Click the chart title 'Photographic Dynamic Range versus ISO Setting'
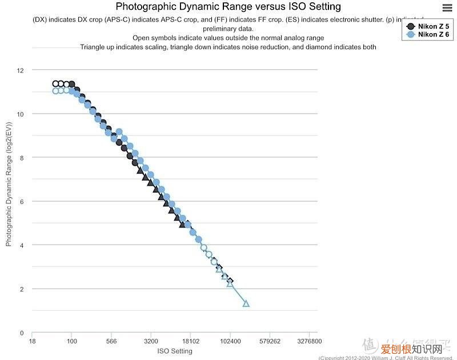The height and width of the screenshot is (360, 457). pos(228,7)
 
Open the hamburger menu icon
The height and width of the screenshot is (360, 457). pos(448,7)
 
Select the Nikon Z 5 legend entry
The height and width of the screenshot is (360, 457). pos(428,26)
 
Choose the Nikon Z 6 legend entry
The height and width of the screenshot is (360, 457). pos(428,35)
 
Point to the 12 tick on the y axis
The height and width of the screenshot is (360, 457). pos(21,70)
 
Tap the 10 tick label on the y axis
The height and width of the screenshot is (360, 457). pos(21,114)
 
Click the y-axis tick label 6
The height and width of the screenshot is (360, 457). pos(22,202)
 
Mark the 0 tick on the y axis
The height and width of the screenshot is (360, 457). pos(22,333)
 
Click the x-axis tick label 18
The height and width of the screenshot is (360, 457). pos(32,342)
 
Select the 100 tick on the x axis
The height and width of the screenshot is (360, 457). pos(71,342)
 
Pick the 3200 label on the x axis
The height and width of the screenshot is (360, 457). pos(151,342)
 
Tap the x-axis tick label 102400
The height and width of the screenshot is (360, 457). pos(230,342)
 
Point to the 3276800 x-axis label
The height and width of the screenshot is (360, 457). pos(309,342)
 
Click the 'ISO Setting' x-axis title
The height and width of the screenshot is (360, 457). pos(174,351)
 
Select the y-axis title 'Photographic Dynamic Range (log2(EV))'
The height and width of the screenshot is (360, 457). pos(9,183)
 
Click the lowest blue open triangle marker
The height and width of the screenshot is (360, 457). pos(246,303)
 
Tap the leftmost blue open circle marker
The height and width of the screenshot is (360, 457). pos(55,91)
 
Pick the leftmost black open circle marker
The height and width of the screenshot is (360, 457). pos(55,84)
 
